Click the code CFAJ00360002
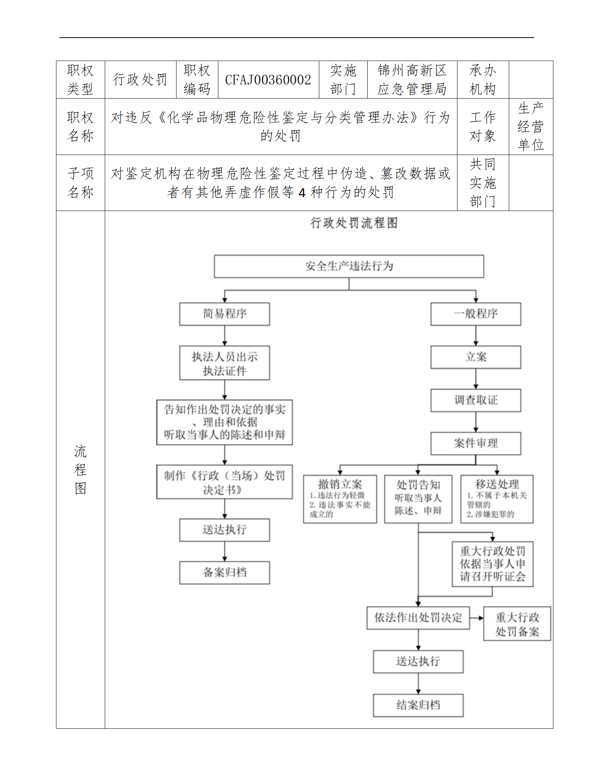pos(268,80)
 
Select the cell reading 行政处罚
pos(140,80)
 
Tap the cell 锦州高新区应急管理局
pos(412,80)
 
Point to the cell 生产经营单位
pos(531,127)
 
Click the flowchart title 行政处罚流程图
pos(354,223)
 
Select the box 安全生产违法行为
pos(349,266)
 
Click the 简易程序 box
pos(224,314)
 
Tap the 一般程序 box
pos(475,314)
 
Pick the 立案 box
pos(475,357)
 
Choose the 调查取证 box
pos(475,400)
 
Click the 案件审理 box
pos(475,443)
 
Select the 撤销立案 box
pos(340,499)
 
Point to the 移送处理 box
pos(497,499)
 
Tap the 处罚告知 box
pos(418,499)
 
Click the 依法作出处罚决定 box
pos(418,618)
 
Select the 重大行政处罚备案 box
pos(517,624)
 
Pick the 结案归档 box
pos(418,705)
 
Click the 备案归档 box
pos(224,573)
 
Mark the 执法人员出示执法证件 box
pos(224,363)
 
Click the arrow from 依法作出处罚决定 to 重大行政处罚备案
pos(476,618)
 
